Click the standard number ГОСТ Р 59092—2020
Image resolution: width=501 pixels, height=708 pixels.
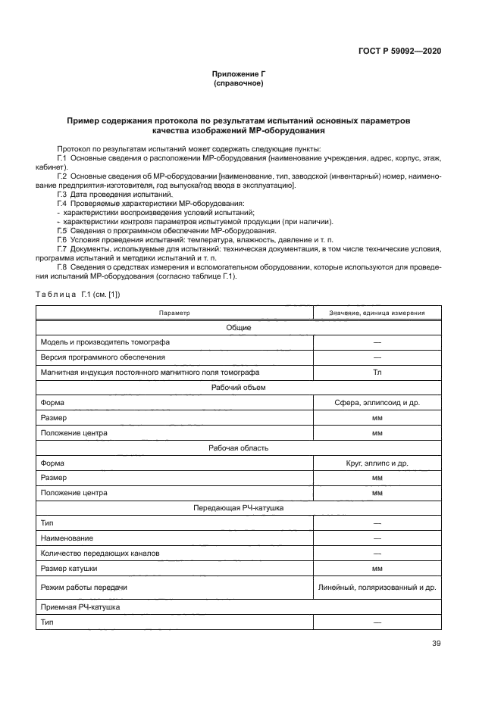point(399,51)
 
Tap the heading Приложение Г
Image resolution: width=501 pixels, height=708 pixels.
point(239,74)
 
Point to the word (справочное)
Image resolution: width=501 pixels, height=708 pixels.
point(239,83)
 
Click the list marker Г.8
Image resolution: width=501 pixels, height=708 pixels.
point(62,266)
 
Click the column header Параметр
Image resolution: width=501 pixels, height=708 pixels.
point(174,313)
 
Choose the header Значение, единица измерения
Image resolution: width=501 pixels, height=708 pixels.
point(377,313)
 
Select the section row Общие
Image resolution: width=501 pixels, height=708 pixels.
point(239,327)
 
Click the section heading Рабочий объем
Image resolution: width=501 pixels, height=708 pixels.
point(239,388)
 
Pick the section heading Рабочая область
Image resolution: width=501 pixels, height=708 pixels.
point(239,448)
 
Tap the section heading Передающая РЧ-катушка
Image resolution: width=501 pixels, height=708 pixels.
point(239,507)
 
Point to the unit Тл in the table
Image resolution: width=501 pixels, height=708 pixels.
point(377,373)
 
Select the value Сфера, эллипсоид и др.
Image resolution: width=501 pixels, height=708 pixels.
point(377,403)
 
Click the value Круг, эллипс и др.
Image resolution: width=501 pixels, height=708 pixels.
point(377,463)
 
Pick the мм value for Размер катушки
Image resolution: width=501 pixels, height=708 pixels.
point(377,568)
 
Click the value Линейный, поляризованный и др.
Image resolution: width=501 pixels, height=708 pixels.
point(377,588)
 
